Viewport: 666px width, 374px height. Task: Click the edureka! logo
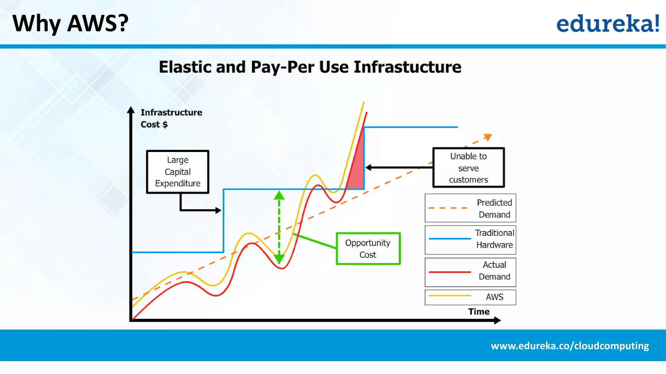(x=607, y=23)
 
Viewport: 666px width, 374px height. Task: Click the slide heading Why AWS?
(x=70, y=23)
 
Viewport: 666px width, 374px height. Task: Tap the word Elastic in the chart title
(x=185, y=67)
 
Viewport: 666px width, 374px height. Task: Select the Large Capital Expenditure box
(x=178, y=172)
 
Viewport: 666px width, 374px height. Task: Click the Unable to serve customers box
(x=468, y=168)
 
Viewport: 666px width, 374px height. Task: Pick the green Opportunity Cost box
(x=368, y=249)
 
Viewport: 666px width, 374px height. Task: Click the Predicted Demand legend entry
(x=470, y=208)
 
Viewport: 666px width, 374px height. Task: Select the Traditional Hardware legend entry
(x=470, y=240)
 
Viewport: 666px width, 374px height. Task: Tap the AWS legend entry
(x=470, y=297)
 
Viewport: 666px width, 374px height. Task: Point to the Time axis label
(x=479, y=312)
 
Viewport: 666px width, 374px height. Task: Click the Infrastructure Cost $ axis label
(x=171, y=118)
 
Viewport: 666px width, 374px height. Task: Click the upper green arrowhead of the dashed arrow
(x=279, y=195)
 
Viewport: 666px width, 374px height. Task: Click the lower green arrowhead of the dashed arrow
(x=279, y=258)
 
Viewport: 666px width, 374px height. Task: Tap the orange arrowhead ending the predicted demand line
(x=488, y=137)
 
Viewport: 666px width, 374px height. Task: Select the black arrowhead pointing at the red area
(x=368, y=168)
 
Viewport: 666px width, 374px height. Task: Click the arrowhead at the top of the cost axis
(x=131, y=110)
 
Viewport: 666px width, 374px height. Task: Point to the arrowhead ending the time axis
(x=497, y=320)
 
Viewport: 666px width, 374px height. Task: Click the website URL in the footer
(x=570, y=346)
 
